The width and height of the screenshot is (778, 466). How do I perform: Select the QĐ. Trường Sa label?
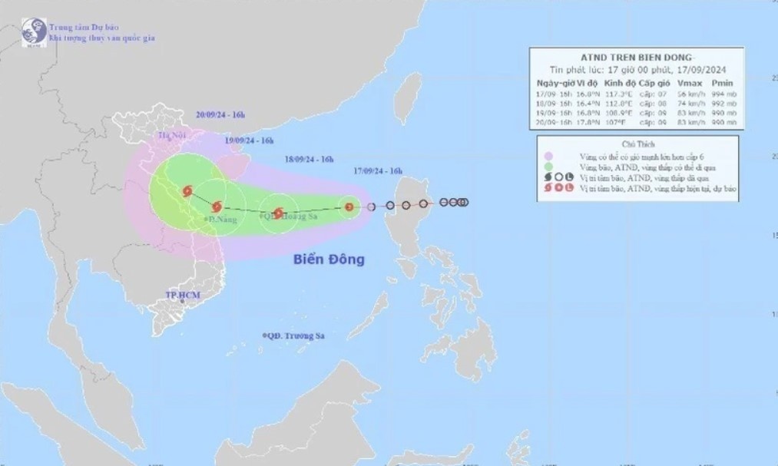click(293, 336)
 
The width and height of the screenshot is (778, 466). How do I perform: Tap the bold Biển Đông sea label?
click(329, 259)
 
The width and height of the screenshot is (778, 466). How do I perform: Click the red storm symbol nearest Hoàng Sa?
click(278, 213)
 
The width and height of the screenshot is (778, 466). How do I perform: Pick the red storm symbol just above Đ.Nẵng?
click(217, 207)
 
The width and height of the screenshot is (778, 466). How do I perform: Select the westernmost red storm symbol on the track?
click(187, 191)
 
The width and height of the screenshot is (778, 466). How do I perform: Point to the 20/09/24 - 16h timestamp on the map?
click(220, 114)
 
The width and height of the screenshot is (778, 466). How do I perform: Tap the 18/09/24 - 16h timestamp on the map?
click(308, 160)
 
